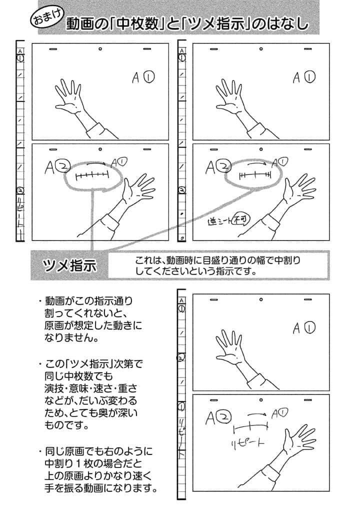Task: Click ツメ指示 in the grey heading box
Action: coord(69,265)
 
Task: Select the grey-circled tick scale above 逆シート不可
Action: coord(254,174)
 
